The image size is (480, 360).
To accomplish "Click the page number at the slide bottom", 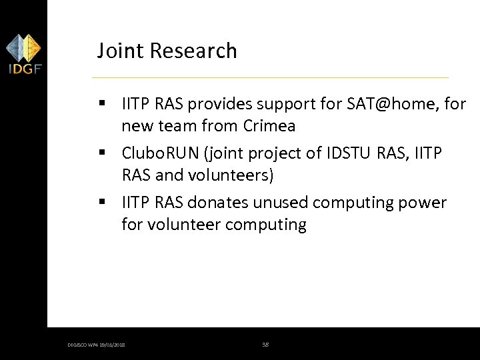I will pyautogui.click(x=265, y=344).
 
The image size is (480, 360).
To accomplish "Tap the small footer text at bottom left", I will pyautogui.click(x=96, y=345).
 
